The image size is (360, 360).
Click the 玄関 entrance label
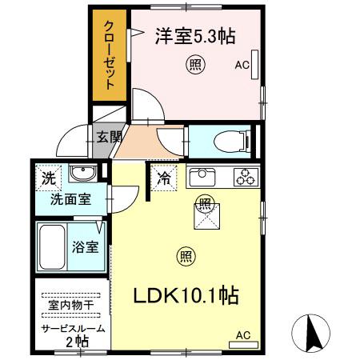(109, 137)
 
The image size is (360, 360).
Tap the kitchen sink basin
(202, 176)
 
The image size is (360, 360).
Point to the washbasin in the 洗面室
(80, 174)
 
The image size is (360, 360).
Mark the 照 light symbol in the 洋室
(194, 63)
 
